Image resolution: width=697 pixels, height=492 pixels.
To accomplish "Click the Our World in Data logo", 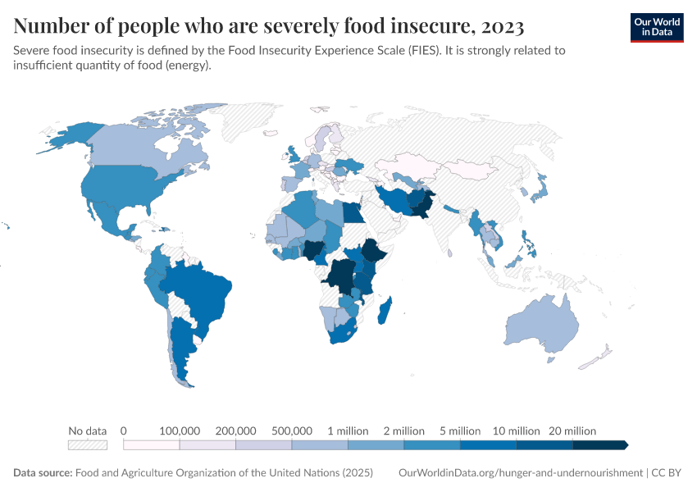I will pos(656,27).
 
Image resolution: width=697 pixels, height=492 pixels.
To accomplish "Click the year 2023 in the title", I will pos(499,27).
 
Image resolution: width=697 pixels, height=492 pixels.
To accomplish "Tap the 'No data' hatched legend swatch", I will pos(88,444).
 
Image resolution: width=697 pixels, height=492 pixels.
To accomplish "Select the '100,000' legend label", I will pos(179,430).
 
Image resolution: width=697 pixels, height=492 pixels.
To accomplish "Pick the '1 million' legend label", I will pos(348,430).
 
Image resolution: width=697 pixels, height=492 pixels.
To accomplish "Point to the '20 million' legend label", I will pos(572,430).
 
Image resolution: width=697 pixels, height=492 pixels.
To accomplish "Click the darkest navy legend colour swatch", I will pos(599,444).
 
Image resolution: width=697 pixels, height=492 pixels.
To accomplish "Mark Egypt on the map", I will pos(353,212).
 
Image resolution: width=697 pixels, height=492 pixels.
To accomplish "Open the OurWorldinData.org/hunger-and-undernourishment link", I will pos(520,473).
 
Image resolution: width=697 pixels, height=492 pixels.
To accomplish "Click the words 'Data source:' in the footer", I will pos(43,473).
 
